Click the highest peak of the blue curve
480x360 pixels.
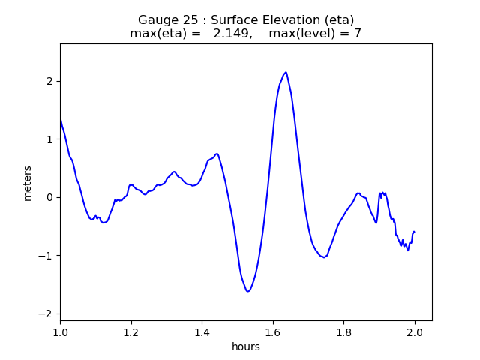(x=286, y=72)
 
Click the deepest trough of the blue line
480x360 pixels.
(x=247, y=291)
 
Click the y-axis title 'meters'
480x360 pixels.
(x=28, y=183)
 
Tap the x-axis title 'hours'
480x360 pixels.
(x=246, y=346)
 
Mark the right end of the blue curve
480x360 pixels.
(x=414, y=232)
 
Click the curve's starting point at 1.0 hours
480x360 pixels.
(x=60, y=117)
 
